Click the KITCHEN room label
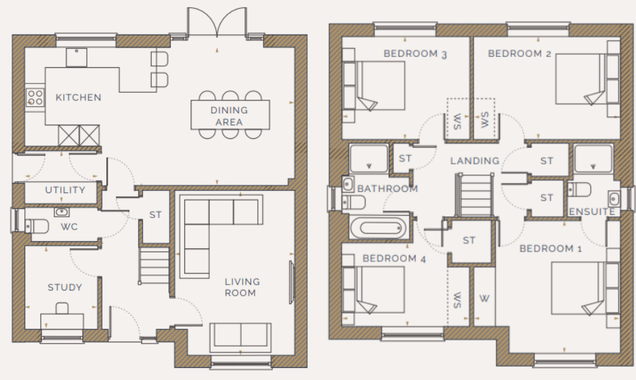point(78,97)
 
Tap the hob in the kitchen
point(35,97)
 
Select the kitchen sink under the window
point(77,58)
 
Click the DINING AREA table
point(229,115)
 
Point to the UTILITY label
point(65,190)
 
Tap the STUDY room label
point(65,287)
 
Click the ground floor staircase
point(154,267)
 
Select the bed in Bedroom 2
point(579,79)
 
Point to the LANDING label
point(474,161)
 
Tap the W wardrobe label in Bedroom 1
point(484,298)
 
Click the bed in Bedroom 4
point(380,291)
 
